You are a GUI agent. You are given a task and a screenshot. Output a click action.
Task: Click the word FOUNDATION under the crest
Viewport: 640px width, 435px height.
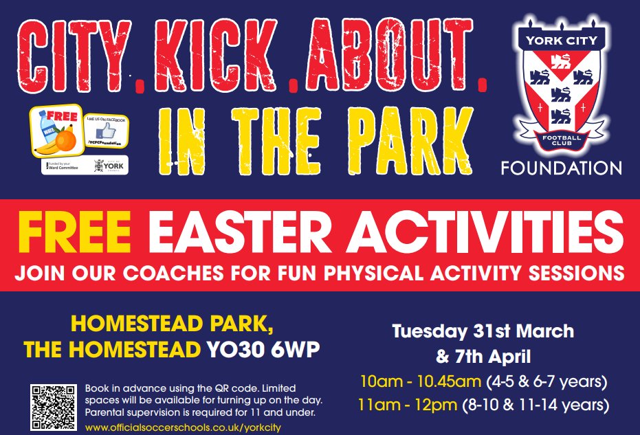point(561,168)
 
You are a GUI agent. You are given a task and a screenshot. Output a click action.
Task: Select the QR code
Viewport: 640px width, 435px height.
point(53,407)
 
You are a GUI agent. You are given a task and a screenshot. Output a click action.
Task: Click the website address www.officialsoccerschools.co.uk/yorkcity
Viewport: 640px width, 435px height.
point(183,427)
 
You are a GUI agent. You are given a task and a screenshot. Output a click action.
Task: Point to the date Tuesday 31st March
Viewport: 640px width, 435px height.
point(483,331)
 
